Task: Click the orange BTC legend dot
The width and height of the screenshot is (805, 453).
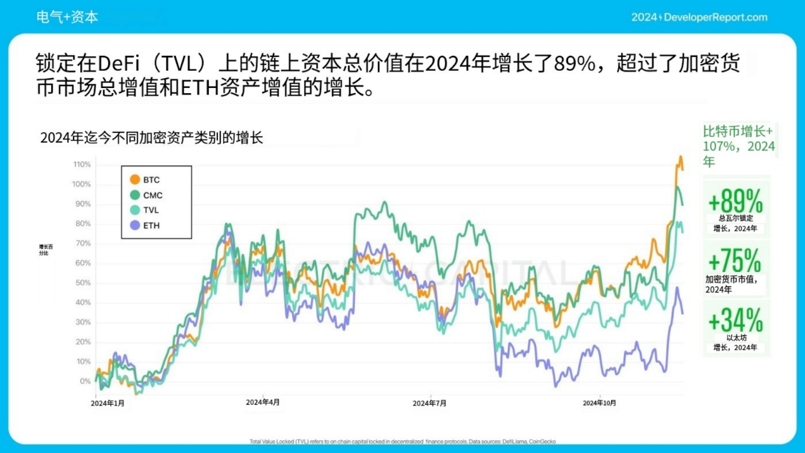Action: [135, 180]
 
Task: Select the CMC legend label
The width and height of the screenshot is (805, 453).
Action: [153, 195]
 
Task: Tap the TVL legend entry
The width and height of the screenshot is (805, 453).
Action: [151, 210]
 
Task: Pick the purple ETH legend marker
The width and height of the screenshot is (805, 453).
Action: [135, 225]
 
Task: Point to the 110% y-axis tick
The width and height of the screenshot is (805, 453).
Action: [82, 165]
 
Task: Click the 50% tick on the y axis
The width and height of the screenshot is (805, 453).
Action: [83, 283]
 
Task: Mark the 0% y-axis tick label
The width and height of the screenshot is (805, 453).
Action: [85, 381]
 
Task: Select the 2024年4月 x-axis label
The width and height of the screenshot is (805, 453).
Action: [263, 402]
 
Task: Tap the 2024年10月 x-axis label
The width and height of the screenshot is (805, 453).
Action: [599, 403]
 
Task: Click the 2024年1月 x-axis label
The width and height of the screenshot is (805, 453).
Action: [108, 403]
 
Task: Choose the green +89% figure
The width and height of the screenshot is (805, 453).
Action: [735, 203]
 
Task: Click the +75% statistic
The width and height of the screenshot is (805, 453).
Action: [735, 260]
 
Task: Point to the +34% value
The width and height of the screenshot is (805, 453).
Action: [735, 320]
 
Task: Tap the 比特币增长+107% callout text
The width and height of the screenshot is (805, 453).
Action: [738, 146]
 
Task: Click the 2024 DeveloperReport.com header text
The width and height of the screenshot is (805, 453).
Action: [699, 17]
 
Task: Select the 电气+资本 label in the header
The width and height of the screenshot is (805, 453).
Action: [68, 17]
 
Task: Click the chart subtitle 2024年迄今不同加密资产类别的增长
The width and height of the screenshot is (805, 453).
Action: [151, 137]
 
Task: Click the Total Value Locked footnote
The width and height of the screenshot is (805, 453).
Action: [403, 442]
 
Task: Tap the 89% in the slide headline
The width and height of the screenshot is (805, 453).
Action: [574, 64]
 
